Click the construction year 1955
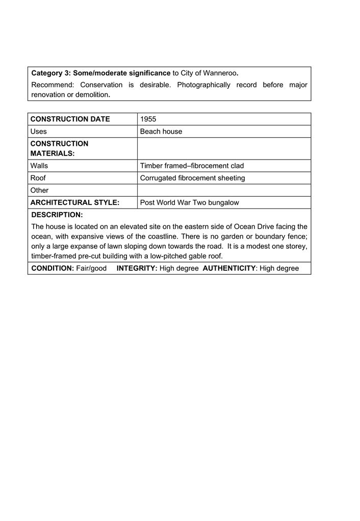tap(148, 119)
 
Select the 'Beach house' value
tap(161, 132)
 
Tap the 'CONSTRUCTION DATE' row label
tap(70, 119)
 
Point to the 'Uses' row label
tap(38, 132)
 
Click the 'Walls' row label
tap(39, 166)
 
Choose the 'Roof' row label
tap(38, 178)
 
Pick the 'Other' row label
tap(39, 190)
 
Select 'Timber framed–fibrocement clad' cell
tap(192, 166)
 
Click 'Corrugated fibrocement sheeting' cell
tap(192, 178)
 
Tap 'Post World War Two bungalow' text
tap(189, 202)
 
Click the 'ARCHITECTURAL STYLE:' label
tap(74, 202)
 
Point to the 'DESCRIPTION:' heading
tap(57, 215)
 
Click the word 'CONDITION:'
tap(53, 268)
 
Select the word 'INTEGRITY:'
tap(137, 268)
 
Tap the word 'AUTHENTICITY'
tap(229, 268)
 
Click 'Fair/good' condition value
tap(91, 268)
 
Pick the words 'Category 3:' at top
tap(51, 73)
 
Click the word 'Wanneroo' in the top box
tap(220, 73)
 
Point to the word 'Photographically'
tap(203, 85)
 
